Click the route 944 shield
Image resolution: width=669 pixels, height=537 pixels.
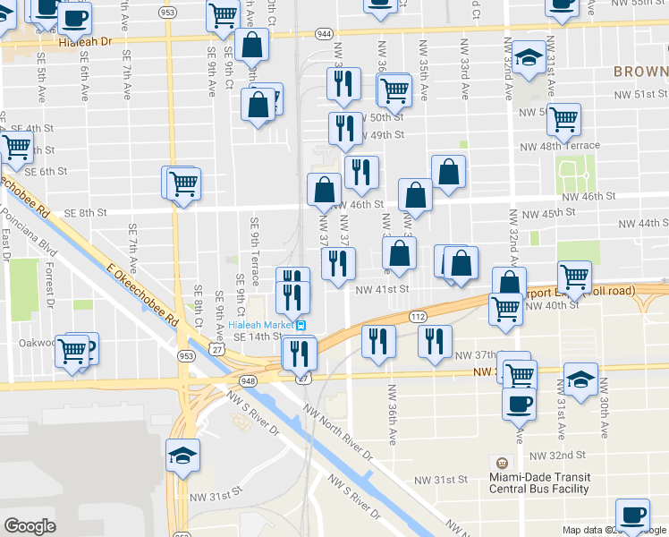pyautogui.click(x=323, y=33)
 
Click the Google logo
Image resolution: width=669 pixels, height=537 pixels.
pyautogui.click(x=30, y=526)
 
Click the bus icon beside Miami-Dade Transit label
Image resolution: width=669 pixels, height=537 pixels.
pyautogui.click(x=502, y=463)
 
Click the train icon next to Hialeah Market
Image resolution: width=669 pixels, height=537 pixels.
pyautogui.click(x=302, y=325)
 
